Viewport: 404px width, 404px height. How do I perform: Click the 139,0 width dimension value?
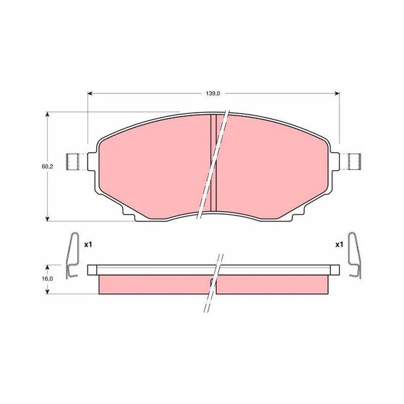coord(213,94)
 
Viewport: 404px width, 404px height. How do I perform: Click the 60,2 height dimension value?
coord(47,167)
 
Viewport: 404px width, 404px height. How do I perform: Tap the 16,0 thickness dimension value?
coord(47,279)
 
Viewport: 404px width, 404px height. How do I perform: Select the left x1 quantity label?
coord(88,245)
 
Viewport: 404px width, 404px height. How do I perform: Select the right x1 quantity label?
coord(339,245)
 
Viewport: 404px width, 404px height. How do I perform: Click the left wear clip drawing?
coord(72,256)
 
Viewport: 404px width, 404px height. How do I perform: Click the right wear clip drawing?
coord(355,256)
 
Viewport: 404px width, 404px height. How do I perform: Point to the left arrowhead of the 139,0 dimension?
coord(90,93)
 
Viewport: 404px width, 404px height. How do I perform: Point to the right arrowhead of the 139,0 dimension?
coord(337,93)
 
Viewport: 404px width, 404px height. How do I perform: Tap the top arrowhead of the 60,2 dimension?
coord(47,114)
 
